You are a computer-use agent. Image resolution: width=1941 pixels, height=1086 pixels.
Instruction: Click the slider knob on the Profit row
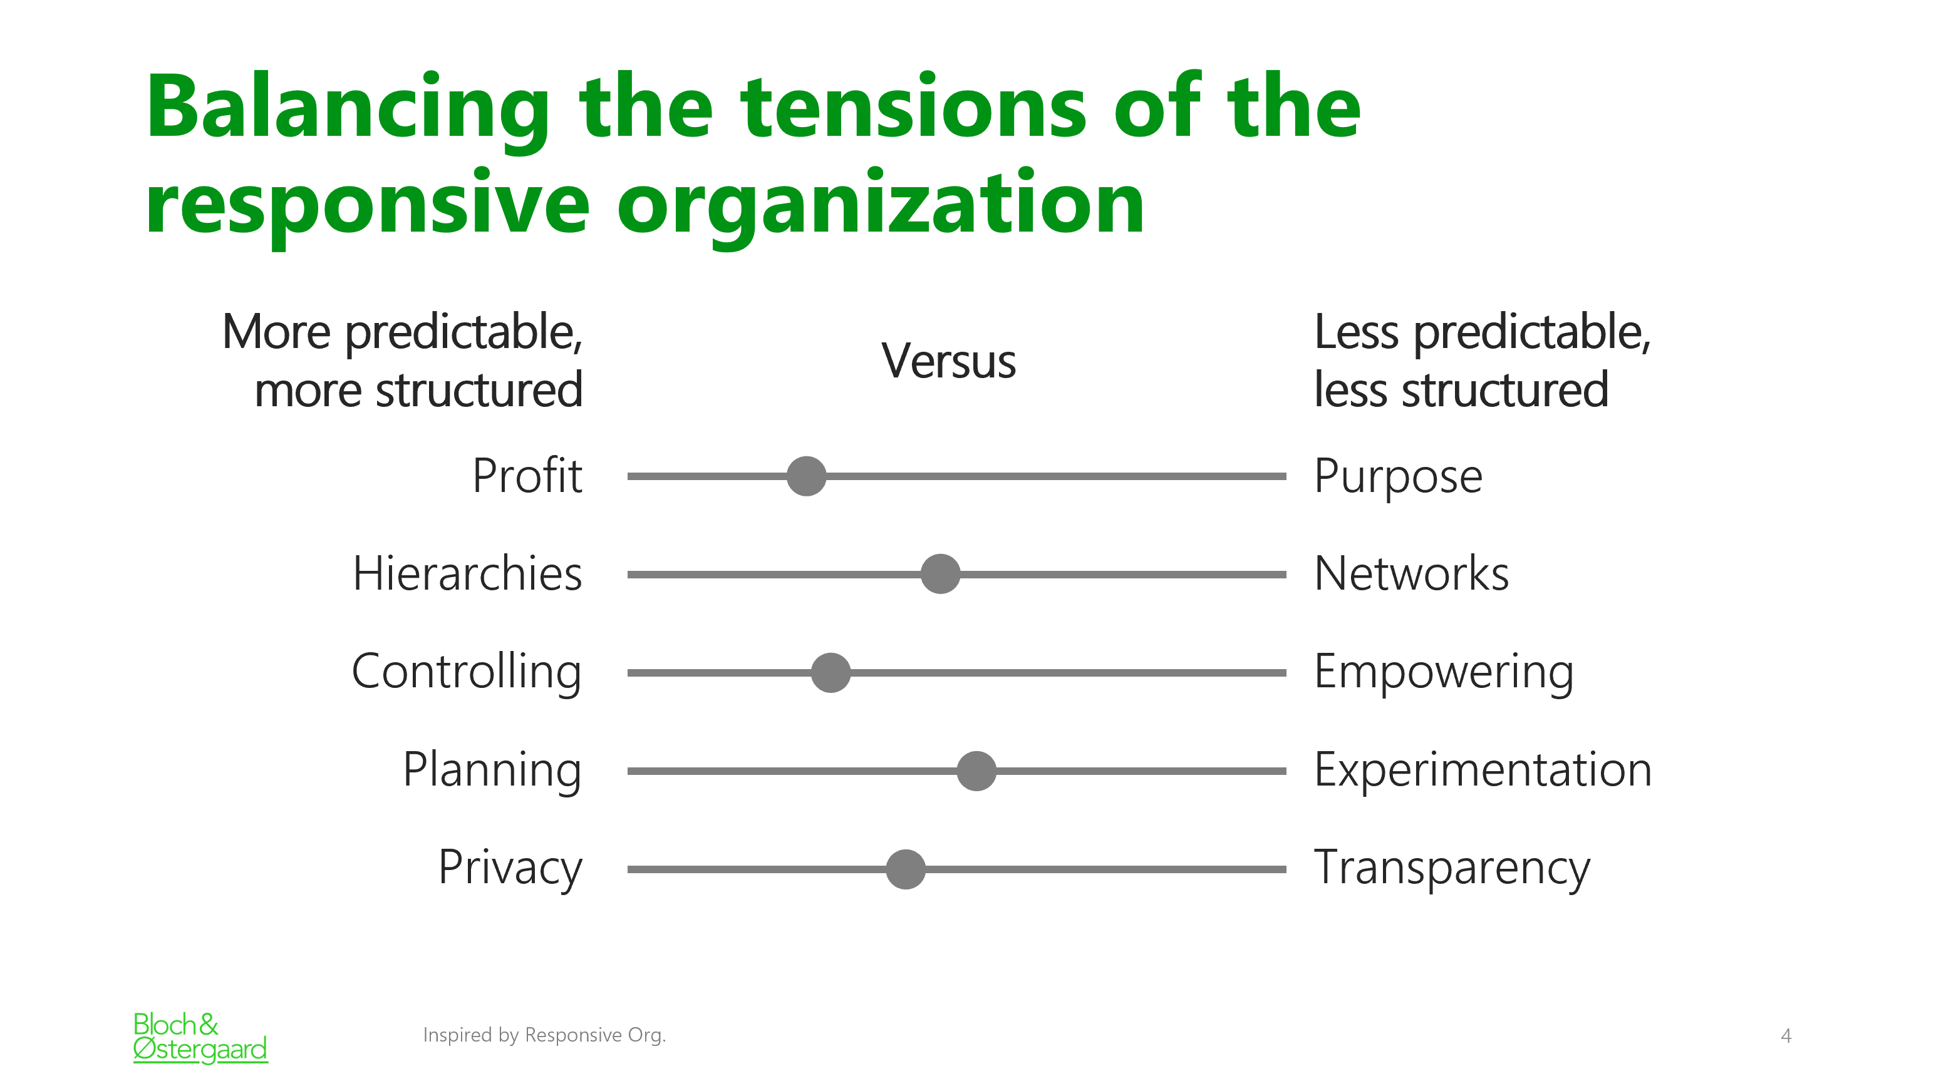pos(806,476)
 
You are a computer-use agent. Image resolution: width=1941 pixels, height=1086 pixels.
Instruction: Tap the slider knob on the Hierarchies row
pos(940,574)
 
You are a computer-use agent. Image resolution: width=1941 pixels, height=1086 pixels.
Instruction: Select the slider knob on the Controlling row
pos(831,672)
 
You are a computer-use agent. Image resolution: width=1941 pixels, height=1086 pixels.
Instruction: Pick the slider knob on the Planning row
pos(976,771)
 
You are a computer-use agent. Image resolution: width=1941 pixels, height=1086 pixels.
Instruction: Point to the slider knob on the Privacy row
pos(906,869)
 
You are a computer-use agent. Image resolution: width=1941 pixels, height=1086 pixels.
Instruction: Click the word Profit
pos(527,475)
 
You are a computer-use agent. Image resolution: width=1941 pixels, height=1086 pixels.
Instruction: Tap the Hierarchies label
pos(467,573)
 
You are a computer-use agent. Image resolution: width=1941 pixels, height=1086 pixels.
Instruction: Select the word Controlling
pos(467,672)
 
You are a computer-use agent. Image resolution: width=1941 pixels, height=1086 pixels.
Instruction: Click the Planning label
pos(492,771)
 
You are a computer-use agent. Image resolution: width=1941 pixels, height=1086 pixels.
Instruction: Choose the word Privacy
pos(510,868)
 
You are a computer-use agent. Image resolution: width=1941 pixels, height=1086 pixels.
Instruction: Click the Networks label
pos(1411,573)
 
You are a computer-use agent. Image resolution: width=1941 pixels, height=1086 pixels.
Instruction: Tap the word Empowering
pos(1444,672)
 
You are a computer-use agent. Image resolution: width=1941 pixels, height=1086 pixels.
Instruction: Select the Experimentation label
pos(1483,770)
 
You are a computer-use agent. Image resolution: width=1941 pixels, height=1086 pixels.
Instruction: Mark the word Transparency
pos(1452,868)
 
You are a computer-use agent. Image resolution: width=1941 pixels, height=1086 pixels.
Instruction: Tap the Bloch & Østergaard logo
pos(200,1038)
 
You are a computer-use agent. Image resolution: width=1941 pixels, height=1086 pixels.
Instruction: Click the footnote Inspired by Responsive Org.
pos(544,1035)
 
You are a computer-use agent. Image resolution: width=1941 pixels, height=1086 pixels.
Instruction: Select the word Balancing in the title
pos(348,109)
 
